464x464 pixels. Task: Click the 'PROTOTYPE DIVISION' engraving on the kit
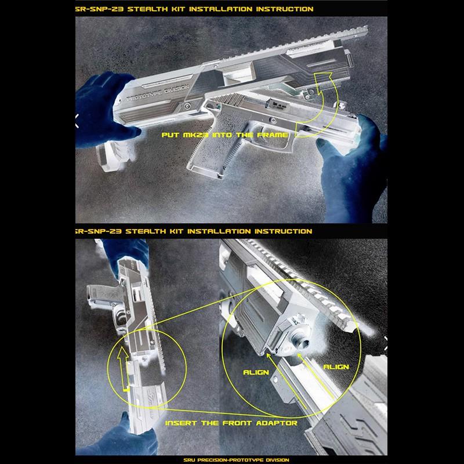[x=158, y=93]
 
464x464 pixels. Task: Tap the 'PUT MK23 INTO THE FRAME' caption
[x=224, y=135]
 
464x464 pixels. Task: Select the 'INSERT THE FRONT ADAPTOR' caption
[x=231, y=423]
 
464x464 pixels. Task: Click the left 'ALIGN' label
[x=256, y=372]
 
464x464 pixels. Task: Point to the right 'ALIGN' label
[x=336, y=367]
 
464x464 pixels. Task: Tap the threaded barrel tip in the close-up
[x=301, y=341]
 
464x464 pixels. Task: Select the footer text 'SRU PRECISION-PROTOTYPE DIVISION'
[x=236, y=460]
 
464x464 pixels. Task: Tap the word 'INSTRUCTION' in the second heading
[x=283, y=231]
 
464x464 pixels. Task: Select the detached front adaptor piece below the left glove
[x=114, y=155]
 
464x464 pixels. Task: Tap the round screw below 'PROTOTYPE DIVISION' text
[x=187, y=106]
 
